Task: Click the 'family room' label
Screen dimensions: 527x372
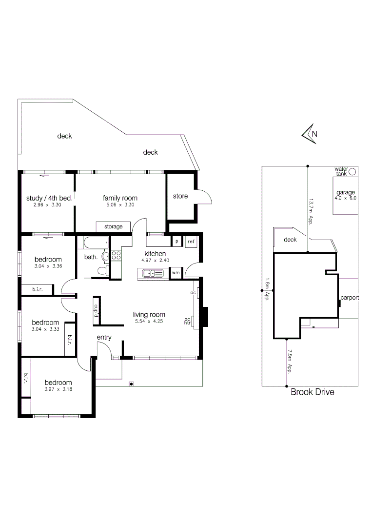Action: coord(119,198)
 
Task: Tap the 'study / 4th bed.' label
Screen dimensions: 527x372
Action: coord(49,198)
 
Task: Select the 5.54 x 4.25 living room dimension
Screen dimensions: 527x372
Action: coord(149,323)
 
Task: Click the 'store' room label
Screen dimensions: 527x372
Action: coord(180,196)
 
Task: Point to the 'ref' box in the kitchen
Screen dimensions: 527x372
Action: coord(191,242)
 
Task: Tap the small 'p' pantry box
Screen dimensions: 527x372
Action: coord(176,242)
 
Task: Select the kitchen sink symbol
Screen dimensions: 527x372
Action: coord(153,274)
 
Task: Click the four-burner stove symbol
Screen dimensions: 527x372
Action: coord(116,257)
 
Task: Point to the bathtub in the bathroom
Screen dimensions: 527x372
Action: coord(96,242)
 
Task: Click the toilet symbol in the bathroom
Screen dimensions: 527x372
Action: coord(103,271)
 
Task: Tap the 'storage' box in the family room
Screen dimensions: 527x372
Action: coord(113,227)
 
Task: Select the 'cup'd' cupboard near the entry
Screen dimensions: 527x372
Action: coord(96,310)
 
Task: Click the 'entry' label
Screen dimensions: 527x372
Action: coord(104,337)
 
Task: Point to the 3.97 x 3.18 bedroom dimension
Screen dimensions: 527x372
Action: coord(58,389)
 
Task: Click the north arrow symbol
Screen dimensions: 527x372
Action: coord(310,134)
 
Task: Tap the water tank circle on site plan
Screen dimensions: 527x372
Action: coord(352,171)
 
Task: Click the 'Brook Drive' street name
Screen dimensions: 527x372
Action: coord(313,392)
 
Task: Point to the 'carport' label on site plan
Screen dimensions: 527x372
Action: coord(350,297)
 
